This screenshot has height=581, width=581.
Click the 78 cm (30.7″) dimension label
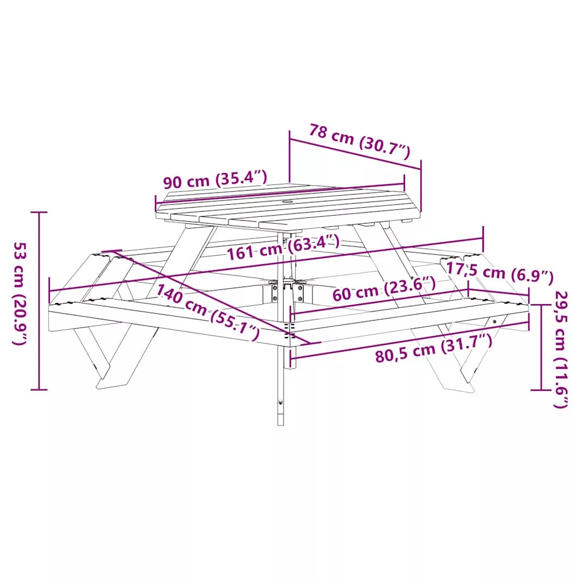click(x=360, y=141)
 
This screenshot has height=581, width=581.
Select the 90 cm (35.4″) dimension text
click(x=215, y=179)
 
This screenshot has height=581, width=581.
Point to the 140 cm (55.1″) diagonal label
click(x=208, y=312)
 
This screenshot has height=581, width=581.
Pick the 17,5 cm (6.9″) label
click(x=499, y=272)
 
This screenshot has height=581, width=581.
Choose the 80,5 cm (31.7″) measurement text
click(x=434, y=348)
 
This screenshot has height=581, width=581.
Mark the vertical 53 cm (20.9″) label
click(x=20, y=294)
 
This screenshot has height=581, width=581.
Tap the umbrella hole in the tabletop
click(x=288, y=202)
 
